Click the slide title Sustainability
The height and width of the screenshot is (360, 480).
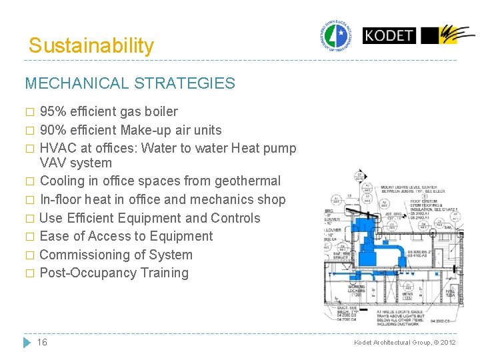click(x=91, y=46)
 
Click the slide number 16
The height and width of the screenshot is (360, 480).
click(x=42, y=342)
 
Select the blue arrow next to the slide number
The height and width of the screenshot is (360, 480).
click(x=27, y=342)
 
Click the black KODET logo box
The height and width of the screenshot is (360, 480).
click(x=389, y=35)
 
